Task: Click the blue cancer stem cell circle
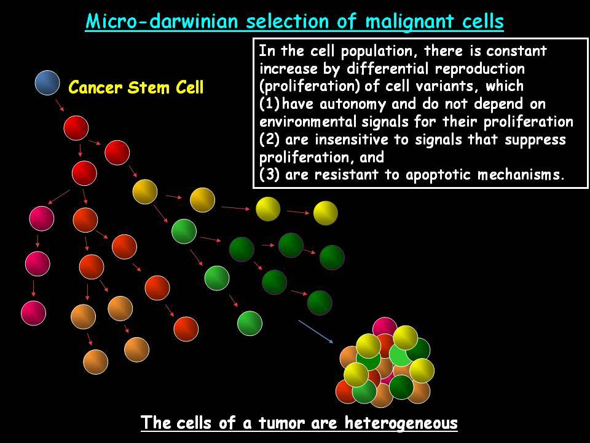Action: point(47,82)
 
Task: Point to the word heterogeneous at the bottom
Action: point(401,423)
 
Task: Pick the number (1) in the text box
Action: point(269,104)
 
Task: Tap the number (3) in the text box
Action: point(269,175)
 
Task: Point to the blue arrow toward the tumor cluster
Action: point(316,332)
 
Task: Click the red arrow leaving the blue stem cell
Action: point(60,105)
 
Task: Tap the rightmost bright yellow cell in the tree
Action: point(326,213)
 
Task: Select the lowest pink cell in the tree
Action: point(33,313)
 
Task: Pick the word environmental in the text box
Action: point(307,122)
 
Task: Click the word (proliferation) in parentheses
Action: point(310,87)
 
